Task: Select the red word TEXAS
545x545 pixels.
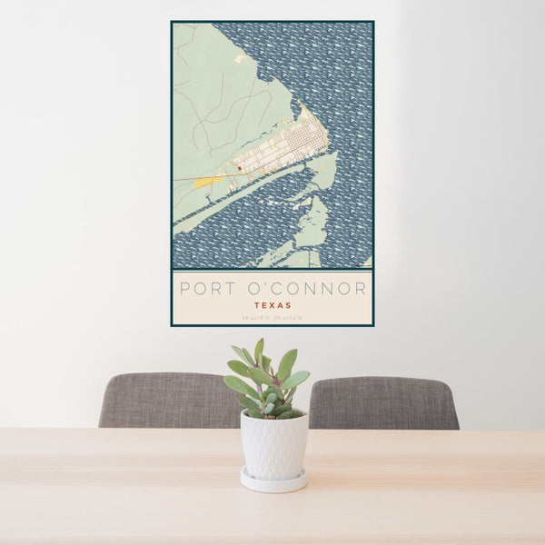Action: (x=272, y=306)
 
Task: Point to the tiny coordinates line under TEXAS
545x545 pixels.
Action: (x=272, y=317)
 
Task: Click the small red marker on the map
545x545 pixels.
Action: (x=239, y=167)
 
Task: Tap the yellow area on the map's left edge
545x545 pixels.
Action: (x=204, y=182)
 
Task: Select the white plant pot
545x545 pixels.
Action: (x=273, y=444)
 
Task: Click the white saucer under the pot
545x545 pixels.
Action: (x=273, y=481)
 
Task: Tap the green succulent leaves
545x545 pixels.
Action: (x=267, y=377)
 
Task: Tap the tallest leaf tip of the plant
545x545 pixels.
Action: (x=260, y=342)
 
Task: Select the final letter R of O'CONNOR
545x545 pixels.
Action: (x=362, y=289)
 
